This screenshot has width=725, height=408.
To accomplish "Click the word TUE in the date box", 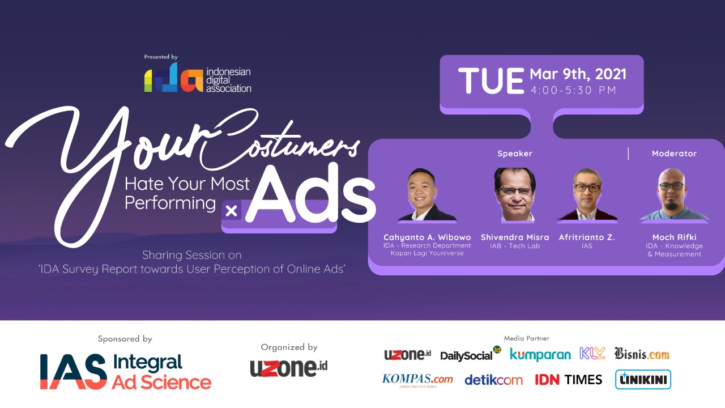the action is tap(491, 80).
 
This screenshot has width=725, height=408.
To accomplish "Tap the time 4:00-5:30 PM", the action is tap(573, 90).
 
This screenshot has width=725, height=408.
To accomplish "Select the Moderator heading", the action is tap(674, 154).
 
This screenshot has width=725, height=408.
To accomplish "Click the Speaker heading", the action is tap(515, 154).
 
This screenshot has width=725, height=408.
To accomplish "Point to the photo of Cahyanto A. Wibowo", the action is tap(427, 194).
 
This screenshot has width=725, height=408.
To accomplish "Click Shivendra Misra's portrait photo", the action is tap(515, 194).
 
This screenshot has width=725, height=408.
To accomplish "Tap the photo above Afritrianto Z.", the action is tap(587, 194).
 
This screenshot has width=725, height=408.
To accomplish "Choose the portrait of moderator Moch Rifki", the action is tap(674, 194).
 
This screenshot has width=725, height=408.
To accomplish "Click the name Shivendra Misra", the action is tap(515, 237).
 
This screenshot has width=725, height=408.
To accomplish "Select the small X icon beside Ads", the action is tap(232, 211).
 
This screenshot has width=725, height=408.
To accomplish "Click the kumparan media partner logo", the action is tap(540, 355).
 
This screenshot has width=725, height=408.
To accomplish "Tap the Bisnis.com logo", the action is tap(642, 354).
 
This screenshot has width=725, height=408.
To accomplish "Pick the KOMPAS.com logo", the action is tap(417, 380).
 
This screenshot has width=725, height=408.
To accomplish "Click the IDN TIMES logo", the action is tap(568, 380).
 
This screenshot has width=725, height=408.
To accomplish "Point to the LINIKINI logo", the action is tap(643, 380).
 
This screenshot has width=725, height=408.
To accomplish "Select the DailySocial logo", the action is tap(470, 354).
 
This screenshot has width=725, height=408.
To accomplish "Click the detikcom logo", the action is tap(493, 380).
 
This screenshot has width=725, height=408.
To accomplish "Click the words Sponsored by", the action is tap(125, 339).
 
